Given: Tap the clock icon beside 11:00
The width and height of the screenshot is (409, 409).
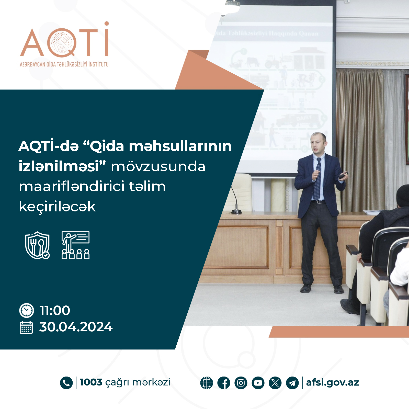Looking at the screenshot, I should click(26, 310).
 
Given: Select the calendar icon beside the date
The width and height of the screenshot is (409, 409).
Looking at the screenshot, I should click(26, 327).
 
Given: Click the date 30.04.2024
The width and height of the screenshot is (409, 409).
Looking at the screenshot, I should click(76, 327).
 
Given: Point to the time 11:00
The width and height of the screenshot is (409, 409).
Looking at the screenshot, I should click(55, 310).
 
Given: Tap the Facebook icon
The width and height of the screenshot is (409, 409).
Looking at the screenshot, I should click(224, 383).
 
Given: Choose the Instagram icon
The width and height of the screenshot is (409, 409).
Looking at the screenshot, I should click(241, 383).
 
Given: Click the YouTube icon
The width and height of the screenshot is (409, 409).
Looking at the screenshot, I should click(258, 383).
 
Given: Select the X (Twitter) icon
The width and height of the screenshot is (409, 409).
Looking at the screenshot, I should click(275, 383).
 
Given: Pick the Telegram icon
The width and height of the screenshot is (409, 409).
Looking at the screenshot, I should click(292, 383).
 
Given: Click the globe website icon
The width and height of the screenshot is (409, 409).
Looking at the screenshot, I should click(207, 383).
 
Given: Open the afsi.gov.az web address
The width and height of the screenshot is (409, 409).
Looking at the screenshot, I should click(332, 382).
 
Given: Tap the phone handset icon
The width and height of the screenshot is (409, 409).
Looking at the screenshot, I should click(66, 383).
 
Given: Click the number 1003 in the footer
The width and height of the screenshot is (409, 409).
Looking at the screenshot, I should click(91, 382).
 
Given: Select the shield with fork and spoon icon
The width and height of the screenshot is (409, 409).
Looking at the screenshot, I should click(37, 245).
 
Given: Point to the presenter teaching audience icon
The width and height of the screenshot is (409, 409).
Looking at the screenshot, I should click(75, 245).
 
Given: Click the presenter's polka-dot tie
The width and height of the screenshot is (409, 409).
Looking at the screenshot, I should click(318, 179).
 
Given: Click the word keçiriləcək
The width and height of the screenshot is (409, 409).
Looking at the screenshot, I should click(57, 207).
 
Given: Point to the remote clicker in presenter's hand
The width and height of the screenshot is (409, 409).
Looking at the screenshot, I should click(343, 175).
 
